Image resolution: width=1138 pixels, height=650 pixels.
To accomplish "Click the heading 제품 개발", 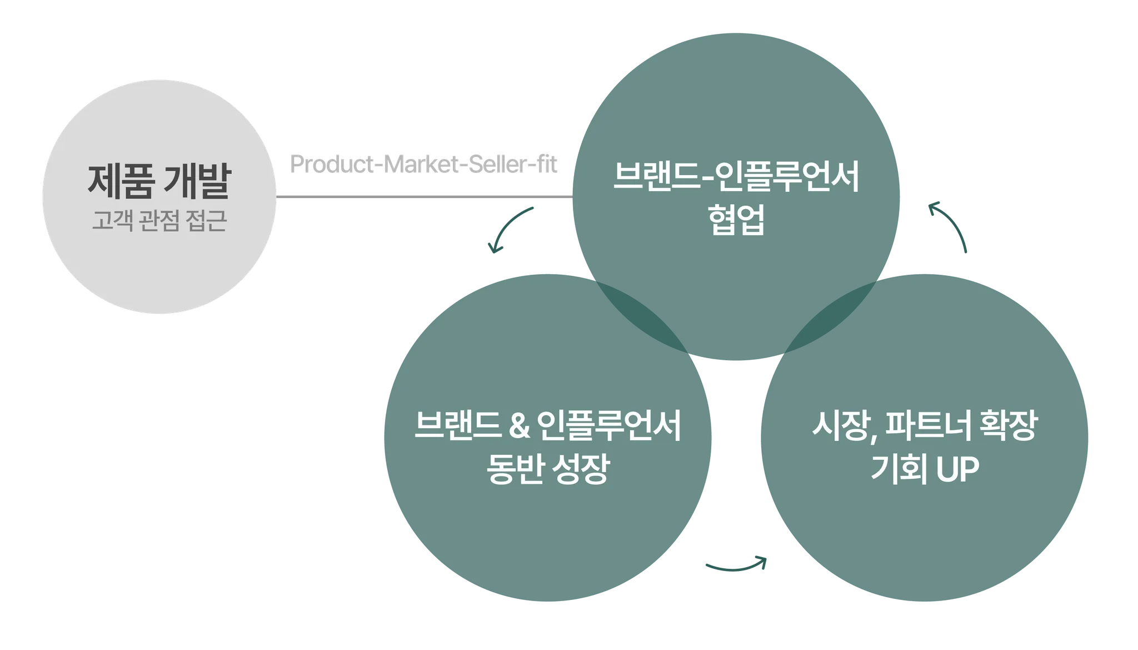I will coord(158,181).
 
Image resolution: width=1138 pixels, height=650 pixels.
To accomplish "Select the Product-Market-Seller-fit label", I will coord(423,166).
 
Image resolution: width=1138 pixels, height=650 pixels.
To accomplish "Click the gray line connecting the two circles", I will coord(425,196).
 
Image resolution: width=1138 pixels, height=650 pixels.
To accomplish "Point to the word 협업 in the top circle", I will coord(737,221).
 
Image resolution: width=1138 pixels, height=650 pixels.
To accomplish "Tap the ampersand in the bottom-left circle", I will coord(519,427).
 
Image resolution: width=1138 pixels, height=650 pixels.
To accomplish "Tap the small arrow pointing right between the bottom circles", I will coord(736,565).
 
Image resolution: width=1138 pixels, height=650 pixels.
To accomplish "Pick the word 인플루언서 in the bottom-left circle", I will coord(610,427).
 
